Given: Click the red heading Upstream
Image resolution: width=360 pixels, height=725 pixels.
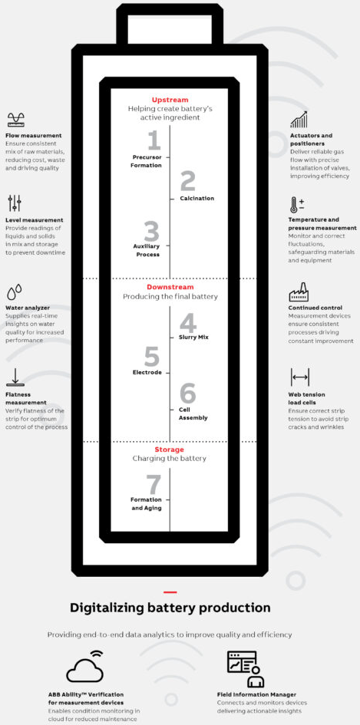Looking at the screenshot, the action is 170,100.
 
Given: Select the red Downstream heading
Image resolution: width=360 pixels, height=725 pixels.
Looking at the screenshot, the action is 170,287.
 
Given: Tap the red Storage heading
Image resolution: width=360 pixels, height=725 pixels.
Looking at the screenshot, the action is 170,450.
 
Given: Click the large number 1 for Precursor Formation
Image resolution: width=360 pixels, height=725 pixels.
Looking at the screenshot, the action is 154,140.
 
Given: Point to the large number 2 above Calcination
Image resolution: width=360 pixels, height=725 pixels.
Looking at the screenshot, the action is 187,181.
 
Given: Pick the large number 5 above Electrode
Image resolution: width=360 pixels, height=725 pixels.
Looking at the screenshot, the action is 152,357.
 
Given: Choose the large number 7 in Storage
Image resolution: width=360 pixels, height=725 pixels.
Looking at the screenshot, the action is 154,485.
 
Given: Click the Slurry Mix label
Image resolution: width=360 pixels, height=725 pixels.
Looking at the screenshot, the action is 193,337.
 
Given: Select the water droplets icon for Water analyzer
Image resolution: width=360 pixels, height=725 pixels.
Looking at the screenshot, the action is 15,292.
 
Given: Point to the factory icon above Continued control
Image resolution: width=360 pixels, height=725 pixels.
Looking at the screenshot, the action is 299,292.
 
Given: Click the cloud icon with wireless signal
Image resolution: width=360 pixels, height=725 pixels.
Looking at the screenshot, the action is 84,666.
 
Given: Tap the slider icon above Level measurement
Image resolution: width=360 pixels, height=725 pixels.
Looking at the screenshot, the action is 15,203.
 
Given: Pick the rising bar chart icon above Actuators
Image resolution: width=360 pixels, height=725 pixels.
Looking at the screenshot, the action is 299,119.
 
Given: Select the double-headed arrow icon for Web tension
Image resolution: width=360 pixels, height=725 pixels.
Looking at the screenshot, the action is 300,377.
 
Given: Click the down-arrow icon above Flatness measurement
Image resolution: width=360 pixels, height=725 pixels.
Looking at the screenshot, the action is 15,377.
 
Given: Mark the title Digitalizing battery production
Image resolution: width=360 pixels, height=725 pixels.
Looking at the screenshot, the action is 170,607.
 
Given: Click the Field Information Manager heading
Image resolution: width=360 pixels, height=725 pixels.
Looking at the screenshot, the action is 256,694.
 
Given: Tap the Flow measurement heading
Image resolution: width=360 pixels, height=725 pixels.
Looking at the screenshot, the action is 33,136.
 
